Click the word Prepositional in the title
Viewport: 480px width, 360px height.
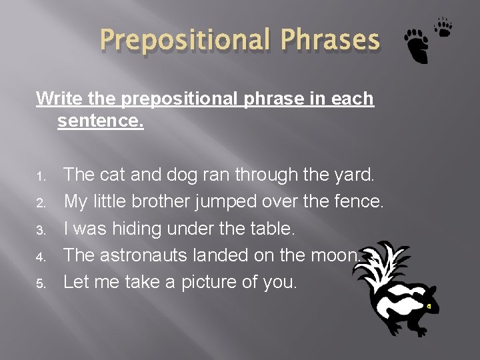(x=182, y=41)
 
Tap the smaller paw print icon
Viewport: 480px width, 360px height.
(x=443, y=27)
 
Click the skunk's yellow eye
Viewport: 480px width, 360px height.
(x=429, y=306)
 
